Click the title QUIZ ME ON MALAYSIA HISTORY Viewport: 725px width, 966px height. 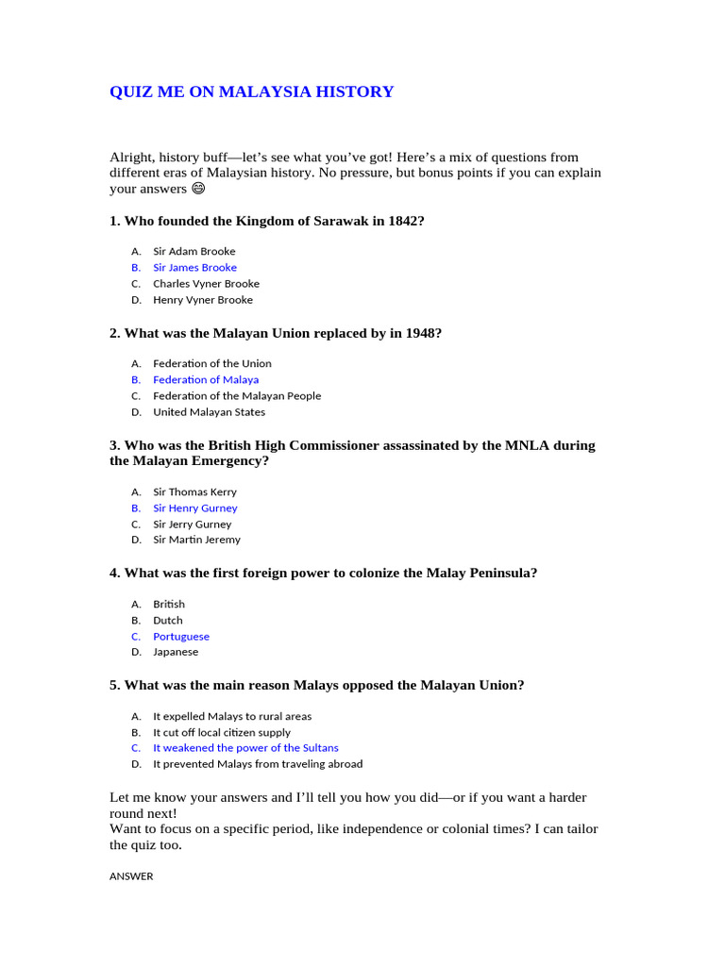251,92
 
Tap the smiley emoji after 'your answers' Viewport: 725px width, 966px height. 198,189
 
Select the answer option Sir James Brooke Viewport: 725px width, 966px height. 194,267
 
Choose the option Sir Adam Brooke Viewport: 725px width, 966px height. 194,251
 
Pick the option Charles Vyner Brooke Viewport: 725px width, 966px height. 206,283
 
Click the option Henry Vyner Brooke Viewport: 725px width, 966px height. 203,300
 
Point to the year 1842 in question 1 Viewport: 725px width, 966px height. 403,221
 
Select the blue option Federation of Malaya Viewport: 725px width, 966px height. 206,379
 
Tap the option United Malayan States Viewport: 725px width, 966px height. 209,411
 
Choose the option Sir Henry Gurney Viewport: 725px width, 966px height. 195,508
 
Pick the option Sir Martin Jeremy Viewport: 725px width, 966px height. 196,540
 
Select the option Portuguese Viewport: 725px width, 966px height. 181,636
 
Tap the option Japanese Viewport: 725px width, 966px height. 176,652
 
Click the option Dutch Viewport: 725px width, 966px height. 168,620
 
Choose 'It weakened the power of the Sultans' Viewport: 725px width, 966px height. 245,748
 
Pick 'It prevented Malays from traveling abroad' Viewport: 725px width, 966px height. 258,764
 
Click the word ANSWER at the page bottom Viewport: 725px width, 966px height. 131,876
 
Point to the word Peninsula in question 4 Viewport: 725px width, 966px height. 496,573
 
